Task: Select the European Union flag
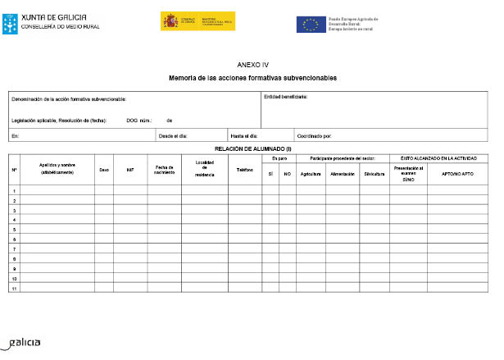coord(311,24)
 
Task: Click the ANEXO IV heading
coord(252,64)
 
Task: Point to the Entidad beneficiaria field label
coord(285,96)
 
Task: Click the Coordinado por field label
coord(315,135)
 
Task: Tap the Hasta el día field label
coord(245,135)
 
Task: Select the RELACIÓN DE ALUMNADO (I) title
coord(252,148)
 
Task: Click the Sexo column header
coord(104,170)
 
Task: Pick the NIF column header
coord(130,170)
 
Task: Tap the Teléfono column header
coord(245,170)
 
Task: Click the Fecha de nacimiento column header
coord(164,170)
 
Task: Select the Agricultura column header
coord(311,174)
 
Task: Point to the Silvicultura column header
coord(374,174)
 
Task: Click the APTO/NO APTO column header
coord(456,174)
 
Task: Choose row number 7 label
coord(14,249)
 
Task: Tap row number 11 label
coord(14,288)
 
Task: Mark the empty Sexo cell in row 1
coord(104,191)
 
